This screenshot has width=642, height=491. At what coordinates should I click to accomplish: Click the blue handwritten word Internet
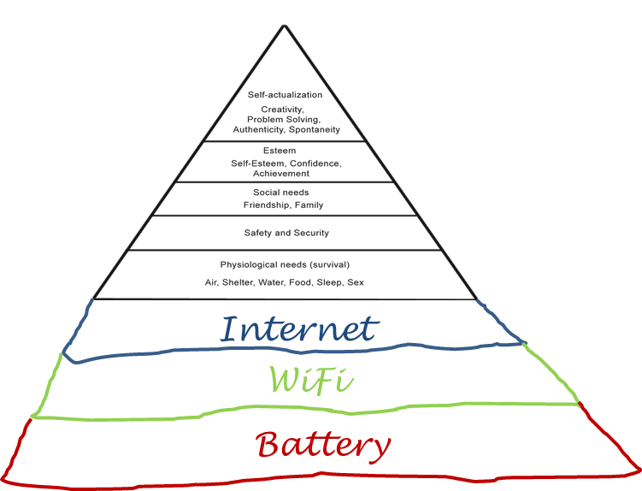click(x=299, y=329)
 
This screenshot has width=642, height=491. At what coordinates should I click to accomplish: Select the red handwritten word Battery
click(x=324, y=445)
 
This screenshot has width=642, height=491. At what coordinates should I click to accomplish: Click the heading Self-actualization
click(x=286, y=95)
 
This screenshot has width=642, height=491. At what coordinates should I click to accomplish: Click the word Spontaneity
click(x=315, y=130)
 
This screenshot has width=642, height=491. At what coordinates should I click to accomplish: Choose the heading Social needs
click(x=281, y=192)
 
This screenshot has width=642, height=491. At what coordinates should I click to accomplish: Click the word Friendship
click(x=265, y=205)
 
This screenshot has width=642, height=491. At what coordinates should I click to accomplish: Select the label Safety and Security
click(x=286, y=233)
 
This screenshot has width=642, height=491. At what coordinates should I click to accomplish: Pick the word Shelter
click(x=239, y=282)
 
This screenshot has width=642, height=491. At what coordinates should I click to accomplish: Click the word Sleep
click(x=329, y=282)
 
